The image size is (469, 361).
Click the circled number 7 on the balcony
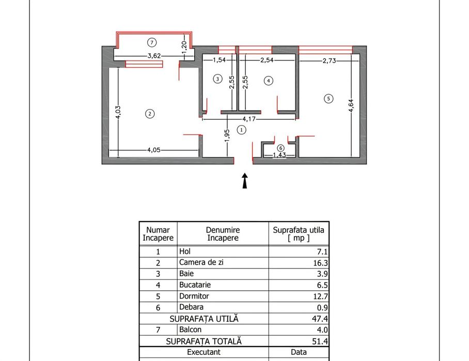151,42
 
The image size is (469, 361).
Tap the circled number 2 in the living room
149,114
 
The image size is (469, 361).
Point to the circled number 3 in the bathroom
217,79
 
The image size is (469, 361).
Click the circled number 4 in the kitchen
268,80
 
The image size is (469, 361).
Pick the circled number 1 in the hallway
241,130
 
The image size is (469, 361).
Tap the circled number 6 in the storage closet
280,148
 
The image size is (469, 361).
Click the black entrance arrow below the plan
245,181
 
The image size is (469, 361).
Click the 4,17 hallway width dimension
249,119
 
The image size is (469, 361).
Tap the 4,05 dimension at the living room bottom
153,151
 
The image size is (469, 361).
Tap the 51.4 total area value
319,341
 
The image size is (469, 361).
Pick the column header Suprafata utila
299,233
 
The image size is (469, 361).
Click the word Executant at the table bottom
204,352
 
